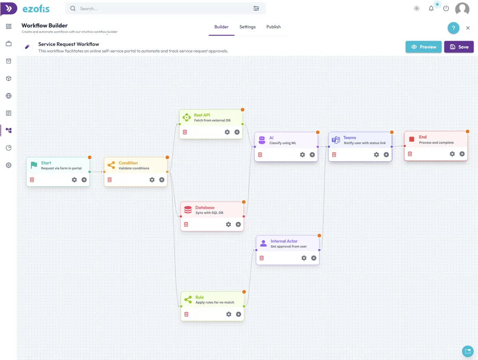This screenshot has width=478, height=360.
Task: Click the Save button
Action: click(x=458, y=47)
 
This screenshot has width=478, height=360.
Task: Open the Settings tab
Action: click(x=247, y=27)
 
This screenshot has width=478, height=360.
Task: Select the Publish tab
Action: click(x=273, y=27)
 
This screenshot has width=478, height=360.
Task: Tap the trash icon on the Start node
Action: click(x=32, y=180)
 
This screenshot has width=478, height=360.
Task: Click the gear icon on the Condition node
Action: click(x=152, y=180)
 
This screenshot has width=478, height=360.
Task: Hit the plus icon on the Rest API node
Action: click(x=237, y=132)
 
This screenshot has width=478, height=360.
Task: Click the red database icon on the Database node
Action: click(x=188, y=210)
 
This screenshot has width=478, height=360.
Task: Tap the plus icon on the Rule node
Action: click(x=239, y=314)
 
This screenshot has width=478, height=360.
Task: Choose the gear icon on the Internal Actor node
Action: click(x=304, y=258)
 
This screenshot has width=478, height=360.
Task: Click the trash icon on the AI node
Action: click(x=260, y=155)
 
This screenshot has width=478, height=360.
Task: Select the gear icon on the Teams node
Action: click(x=376, y=155)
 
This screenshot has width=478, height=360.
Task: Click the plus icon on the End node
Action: click(x=462, y=154)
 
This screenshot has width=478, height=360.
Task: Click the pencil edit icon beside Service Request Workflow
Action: click(x=27, y=47)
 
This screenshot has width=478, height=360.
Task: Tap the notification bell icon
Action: click(x=431, y=8)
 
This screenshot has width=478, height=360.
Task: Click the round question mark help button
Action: click(x=453, y=28)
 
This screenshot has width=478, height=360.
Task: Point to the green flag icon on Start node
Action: click(x=34, y=165)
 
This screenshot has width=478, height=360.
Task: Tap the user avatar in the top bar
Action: click(x=462, y=9)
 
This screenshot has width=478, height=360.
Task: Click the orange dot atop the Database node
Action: click(x=244, y=202)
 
